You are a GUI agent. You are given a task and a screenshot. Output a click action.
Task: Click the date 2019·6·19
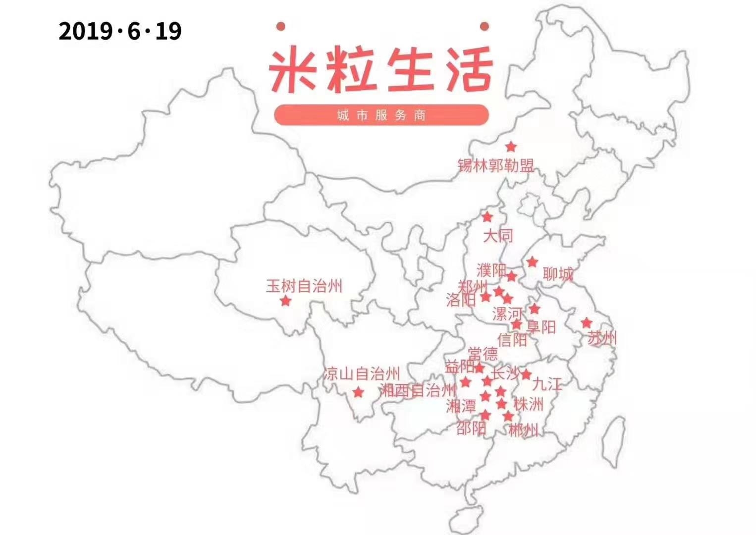point(120,31)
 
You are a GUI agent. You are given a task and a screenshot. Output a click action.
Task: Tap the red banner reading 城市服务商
point(381,115)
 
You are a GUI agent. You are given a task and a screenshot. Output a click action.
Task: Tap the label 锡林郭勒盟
point(495,165)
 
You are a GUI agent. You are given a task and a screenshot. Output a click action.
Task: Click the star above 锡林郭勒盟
point(511,147)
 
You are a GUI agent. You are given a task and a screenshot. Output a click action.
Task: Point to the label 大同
point(498,235)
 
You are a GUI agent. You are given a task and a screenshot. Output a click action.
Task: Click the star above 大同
point(487,217)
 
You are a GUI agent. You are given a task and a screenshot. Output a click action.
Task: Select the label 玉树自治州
point(304,286)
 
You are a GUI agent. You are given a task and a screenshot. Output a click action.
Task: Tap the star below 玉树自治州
point(285,301)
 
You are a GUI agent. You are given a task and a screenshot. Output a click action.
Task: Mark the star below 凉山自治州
point(358,393)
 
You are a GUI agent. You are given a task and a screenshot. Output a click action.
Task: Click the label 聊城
point(558,273)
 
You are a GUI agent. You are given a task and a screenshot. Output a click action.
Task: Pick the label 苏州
point(602,338)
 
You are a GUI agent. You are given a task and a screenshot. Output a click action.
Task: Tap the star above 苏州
point(587,323)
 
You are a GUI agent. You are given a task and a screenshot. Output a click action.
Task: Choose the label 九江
point(547,384)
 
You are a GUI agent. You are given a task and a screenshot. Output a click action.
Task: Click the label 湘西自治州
point(418,391)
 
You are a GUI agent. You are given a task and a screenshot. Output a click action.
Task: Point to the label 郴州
point(523,430)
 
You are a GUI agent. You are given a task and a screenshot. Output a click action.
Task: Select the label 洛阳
point(461,300)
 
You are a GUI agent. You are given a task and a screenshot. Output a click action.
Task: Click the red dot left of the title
point(280,26)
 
